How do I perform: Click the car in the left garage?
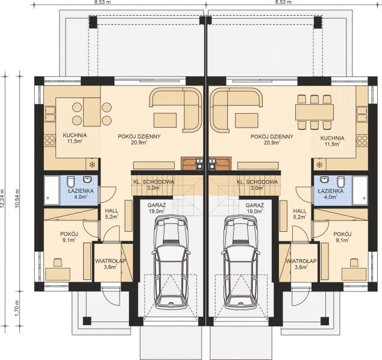[171, 262]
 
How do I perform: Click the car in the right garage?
[240, 262]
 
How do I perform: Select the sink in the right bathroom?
[324, 180]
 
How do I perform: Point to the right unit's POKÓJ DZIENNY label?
[272, 137]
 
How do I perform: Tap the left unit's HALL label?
[111, 211]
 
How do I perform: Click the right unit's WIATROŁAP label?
[301, 261]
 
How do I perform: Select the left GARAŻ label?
[157, 205]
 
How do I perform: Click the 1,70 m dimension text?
[17, 308]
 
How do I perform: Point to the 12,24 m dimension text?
[2, 199]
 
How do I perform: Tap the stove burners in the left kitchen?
[49, 141]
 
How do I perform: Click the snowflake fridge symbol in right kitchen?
[319, 165]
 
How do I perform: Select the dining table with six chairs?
[315, 112]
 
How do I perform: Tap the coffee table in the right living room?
[247, 120]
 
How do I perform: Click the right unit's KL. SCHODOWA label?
[257, 182]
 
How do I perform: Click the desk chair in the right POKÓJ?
[354, 262]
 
